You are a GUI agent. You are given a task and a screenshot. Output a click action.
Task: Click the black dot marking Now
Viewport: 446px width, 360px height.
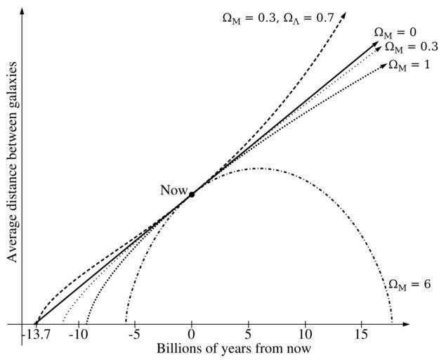[x=192, y=195]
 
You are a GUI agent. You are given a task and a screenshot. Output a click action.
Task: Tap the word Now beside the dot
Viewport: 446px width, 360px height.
[x=173, y=190]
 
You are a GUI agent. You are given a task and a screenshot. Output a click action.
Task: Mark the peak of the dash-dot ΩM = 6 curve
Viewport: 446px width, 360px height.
[x=259, y=168]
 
